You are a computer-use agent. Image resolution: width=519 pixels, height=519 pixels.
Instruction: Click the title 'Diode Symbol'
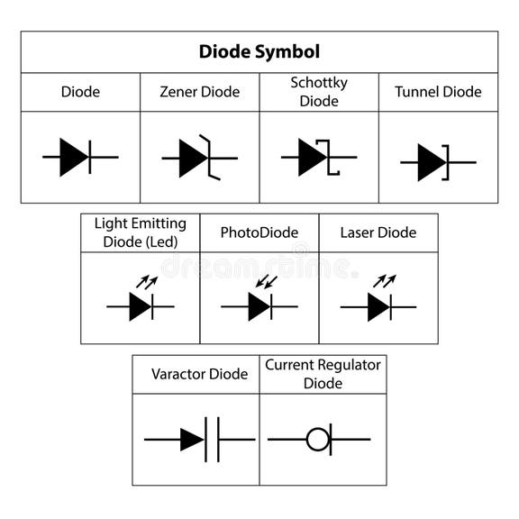coord(259,52)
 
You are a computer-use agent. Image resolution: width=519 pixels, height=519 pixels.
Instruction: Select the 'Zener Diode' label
coord(200,92)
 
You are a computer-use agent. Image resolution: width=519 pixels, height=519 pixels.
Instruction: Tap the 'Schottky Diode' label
coord(319,92)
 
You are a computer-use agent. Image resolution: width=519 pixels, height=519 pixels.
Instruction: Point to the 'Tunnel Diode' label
coord(438,92)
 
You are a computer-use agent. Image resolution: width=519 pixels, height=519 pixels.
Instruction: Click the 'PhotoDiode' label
coord(259,232)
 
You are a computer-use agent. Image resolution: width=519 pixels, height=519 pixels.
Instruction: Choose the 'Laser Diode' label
coord(378,232)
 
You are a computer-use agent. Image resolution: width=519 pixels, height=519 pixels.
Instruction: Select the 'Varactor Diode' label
coord(199,374)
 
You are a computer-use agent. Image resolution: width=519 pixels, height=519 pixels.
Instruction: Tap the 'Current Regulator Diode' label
coord(323,374)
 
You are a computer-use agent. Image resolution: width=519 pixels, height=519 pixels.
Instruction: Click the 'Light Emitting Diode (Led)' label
coord(141,232)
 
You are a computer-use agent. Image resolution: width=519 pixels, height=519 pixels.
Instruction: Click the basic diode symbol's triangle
coord(75,158)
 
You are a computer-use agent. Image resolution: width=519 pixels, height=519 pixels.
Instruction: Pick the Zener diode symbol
coord(199,158)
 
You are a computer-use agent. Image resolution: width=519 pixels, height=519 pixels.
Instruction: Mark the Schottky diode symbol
coord(317,158)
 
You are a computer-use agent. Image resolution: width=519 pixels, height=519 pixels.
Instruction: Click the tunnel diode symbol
coord(436,163)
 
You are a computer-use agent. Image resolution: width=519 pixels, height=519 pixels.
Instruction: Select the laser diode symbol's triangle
coord(378,307)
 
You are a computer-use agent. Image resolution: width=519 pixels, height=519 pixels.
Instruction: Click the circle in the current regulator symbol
coord(317,440)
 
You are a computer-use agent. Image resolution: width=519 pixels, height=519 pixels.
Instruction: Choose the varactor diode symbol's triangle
coord(191,440)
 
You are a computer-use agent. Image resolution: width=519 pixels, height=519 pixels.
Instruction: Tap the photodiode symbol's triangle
coord(259,307)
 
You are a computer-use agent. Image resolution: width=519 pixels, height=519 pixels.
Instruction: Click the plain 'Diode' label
coord(80,92)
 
